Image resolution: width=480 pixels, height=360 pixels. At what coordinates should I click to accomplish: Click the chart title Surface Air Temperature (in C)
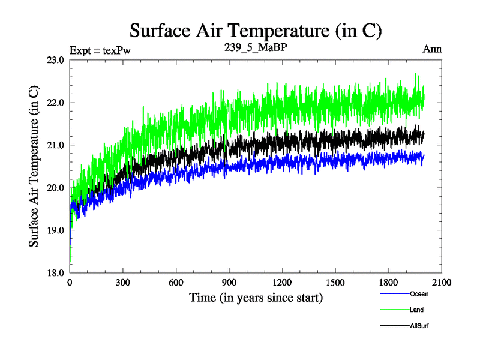click(x=256, y=30)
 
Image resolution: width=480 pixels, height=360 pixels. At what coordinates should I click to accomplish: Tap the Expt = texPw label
click(x=100, y=50)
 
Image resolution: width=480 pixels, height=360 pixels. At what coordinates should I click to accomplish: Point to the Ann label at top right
click(x=432, y=49)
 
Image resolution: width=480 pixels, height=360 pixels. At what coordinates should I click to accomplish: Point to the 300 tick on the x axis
click(x=123, y=283)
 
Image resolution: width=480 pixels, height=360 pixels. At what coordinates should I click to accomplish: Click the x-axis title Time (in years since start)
click(x=256, y=298)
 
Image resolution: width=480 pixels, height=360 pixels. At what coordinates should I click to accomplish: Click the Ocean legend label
click(x=419, y=294)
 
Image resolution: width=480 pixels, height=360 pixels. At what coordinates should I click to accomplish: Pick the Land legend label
click(x=417, y=310)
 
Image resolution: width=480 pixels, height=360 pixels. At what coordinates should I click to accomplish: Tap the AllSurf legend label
click(x=420, y=325)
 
